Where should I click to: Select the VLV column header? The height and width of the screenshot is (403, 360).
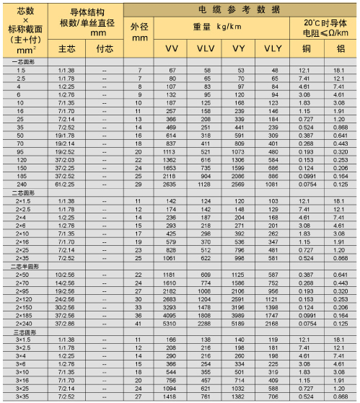point(205,48)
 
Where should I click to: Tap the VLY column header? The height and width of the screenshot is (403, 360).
point(273,48)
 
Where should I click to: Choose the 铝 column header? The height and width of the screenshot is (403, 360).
point(338,48)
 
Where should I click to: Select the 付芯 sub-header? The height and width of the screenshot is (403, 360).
point(105,48)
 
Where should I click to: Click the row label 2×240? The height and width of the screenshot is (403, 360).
point(21,324)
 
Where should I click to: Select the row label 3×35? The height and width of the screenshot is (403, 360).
point(20,396)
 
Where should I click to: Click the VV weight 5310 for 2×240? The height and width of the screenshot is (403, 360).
point(171,324)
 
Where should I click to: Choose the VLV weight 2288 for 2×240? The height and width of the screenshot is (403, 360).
point(205,324)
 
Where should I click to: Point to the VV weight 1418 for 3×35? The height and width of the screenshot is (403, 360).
point(171,396)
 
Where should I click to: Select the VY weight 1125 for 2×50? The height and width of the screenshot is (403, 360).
point(239,274)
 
